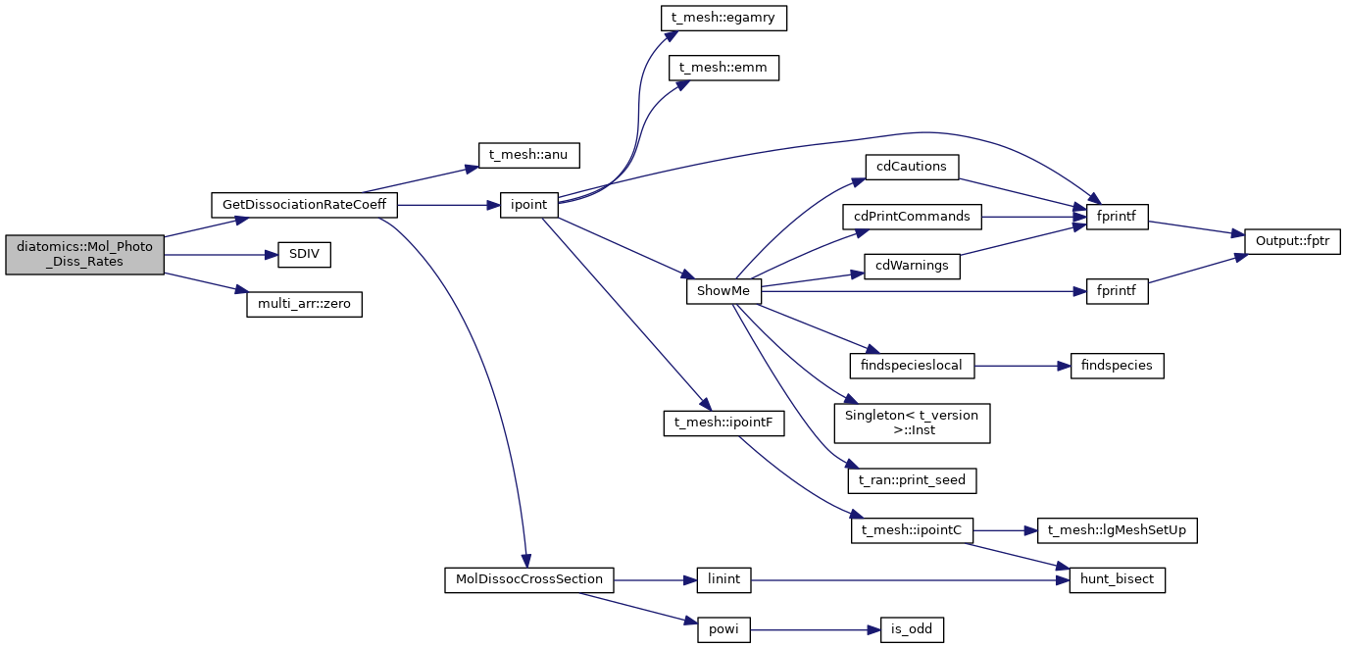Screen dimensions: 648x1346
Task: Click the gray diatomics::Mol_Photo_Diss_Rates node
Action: [x=84, y=255]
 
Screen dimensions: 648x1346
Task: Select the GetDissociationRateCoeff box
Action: [x=304, y=205]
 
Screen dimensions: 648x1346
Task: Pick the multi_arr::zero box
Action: [x=304, y=305]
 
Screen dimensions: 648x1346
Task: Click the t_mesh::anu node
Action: [x=529, y=154]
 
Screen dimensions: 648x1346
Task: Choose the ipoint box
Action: [x=529, y=205]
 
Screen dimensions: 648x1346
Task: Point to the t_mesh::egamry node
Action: [x=723, y=18]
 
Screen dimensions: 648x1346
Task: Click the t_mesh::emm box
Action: [x=723, y=68]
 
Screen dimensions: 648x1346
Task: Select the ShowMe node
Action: [x=723, y=292]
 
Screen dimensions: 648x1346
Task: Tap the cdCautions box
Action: [x=911, y=167]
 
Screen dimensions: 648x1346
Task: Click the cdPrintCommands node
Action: [x=912, y=216]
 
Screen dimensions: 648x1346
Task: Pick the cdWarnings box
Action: [x=911, y=267]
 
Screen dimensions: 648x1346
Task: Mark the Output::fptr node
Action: [x=1291, y=241]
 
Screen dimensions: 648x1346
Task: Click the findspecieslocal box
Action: [x=912, y=366]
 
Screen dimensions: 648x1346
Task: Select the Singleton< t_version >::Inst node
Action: [x=912, y=422]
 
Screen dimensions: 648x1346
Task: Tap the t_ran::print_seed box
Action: [x=912, y=480]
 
